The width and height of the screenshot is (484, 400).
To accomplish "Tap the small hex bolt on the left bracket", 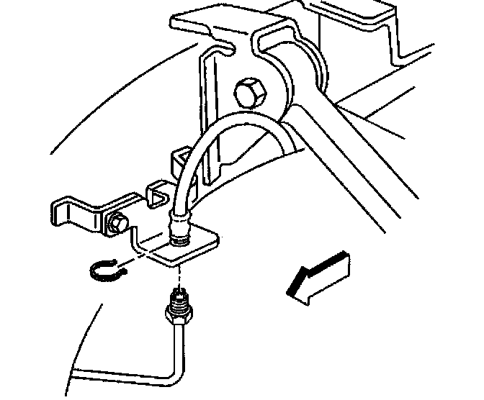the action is [x=115, y=224].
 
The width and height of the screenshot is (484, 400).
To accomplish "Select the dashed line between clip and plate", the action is [x=141, y=258].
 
